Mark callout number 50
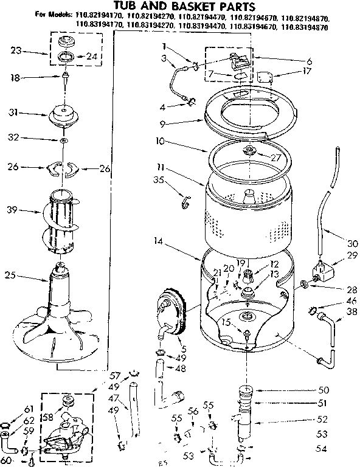coord(323,389)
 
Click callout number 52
coord(323,418)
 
